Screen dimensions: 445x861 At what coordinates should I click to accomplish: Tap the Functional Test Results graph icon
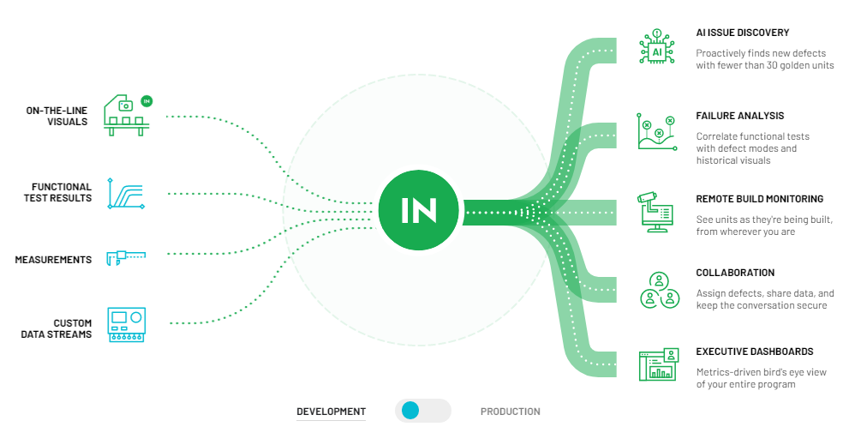pos(126,193)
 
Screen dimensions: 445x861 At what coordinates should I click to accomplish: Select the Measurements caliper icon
pos(126,256)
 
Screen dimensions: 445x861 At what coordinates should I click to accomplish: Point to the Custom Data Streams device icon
pos(127,325)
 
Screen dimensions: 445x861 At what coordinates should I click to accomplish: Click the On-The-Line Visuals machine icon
pos(124,116)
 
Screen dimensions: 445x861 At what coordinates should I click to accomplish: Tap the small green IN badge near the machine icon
pos(146,100)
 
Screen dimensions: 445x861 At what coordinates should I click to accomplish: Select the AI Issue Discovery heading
pos(742,33)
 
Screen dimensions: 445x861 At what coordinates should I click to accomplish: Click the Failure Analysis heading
pos(739,116)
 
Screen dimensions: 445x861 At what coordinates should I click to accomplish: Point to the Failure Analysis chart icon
pos(657,130)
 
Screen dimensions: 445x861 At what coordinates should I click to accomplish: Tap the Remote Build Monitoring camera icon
pos(657,211)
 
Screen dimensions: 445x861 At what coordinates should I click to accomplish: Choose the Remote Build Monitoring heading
pos(759,199)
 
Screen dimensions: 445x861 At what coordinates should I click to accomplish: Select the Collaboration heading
pos(735,273)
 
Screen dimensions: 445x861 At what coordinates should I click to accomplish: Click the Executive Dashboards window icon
pos(657,364)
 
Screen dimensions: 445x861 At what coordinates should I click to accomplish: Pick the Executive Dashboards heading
pos(754,352)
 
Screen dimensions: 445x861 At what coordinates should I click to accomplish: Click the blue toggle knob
pos(410,411)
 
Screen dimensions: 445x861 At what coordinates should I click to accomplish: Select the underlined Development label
pos(331,412)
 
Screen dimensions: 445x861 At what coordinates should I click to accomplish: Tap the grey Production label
pos(510,412)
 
